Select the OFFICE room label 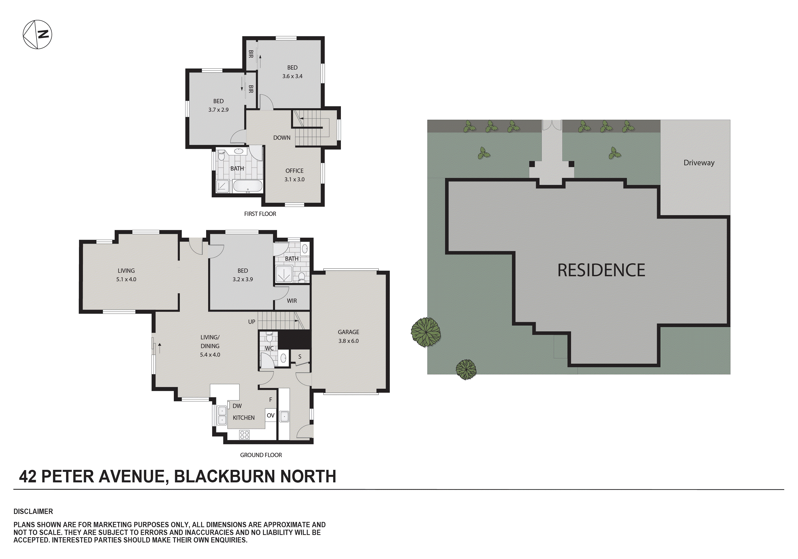pyautogui.click(x=294, y=171)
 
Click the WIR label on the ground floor pyautogui.click(x=292, y=301)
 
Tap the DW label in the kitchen pyautogui.click(x=237, y=406)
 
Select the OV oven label pyautogui.click(x=271, y=415)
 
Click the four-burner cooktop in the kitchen pyautogui.click(x=244, y=435)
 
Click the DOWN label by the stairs pyautogui.click(x=282, y=138)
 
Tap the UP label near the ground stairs pyautogui.click(x=252, y=322)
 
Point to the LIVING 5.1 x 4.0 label pyautogui.click(x=126, y=275)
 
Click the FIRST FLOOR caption pyautogui.click(x=260, y=214)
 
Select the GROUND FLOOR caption pyautogui.click(x=261, y=455)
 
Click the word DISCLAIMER pyautogui.click(x=33, y=511)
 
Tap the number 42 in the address pyautogui.click(x=28, y=477)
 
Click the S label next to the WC pyautogui.click(x=300, y=357)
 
